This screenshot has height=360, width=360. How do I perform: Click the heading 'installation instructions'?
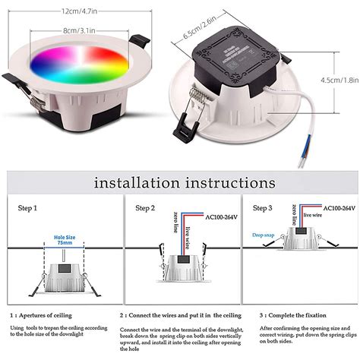(x=184, y=183)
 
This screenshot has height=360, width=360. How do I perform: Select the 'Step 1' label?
(x=30, y=207)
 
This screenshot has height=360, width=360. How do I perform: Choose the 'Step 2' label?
(x=146, y=207)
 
